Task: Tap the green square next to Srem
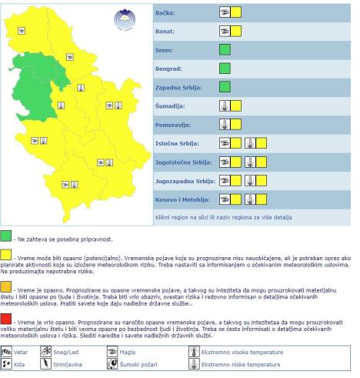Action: [x=225, y=49]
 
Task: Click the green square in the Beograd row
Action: [x=225, y=68]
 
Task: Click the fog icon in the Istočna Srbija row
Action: [x=225, y=142]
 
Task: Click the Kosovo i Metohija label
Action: [x=178, y=199]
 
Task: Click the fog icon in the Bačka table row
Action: [x=225, y=12]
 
